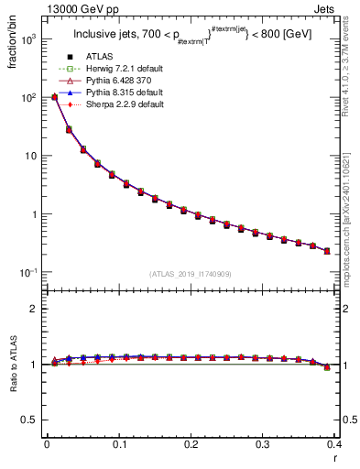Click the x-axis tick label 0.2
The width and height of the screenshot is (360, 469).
click(x=191, y=445)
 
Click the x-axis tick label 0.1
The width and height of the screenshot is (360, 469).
click(x=119, y=445)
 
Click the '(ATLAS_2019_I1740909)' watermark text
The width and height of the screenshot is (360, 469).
click(x=191, y=274)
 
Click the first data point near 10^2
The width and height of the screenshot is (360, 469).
click(x=55, y=96)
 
